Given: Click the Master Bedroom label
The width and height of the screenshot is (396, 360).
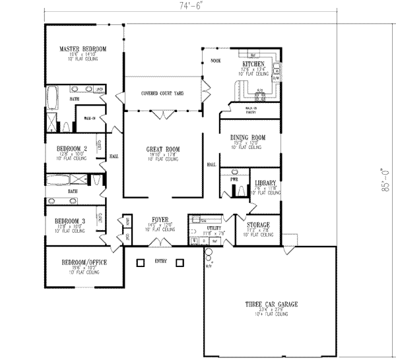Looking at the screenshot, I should click(83, 49).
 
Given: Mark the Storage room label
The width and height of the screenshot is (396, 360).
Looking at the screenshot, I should click(258, 225).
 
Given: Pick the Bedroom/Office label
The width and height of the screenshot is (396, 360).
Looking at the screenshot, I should click(83, 262).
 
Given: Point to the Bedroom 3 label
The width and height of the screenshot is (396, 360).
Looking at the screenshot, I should click(69, 220).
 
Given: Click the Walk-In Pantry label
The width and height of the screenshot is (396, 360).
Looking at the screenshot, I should click(251, 109).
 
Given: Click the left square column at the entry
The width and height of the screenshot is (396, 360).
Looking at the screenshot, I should click(140, 263).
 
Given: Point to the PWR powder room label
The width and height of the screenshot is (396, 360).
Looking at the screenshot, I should click(234, 178).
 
